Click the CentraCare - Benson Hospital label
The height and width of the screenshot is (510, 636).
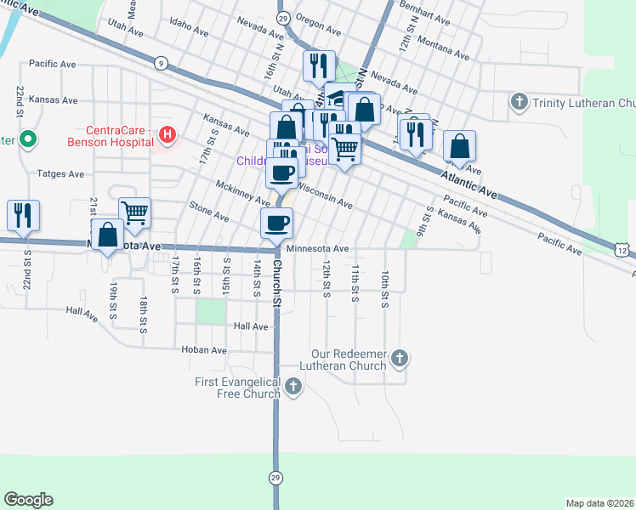click(118, 136)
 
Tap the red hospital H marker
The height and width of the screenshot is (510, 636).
click(168, 134)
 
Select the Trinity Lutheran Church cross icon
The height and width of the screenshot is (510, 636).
click(519, 103)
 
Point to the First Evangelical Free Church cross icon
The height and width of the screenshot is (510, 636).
click(292, 388)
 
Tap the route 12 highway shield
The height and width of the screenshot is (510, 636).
click(623, 250)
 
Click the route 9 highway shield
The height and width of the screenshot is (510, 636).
click(160, 62)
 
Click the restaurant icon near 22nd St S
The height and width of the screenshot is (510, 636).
click(22, 215)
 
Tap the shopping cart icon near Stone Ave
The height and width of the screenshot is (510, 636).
click(134, 212)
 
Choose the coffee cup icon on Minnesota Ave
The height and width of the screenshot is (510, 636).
click(276, 224)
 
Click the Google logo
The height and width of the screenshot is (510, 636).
click(28, 500)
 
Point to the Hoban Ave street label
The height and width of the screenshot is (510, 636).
click(204, 349)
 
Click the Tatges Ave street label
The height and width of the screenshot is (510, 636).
click(60, 173)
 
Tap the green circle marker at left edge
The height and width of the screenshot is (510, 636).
click(27, 139)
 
